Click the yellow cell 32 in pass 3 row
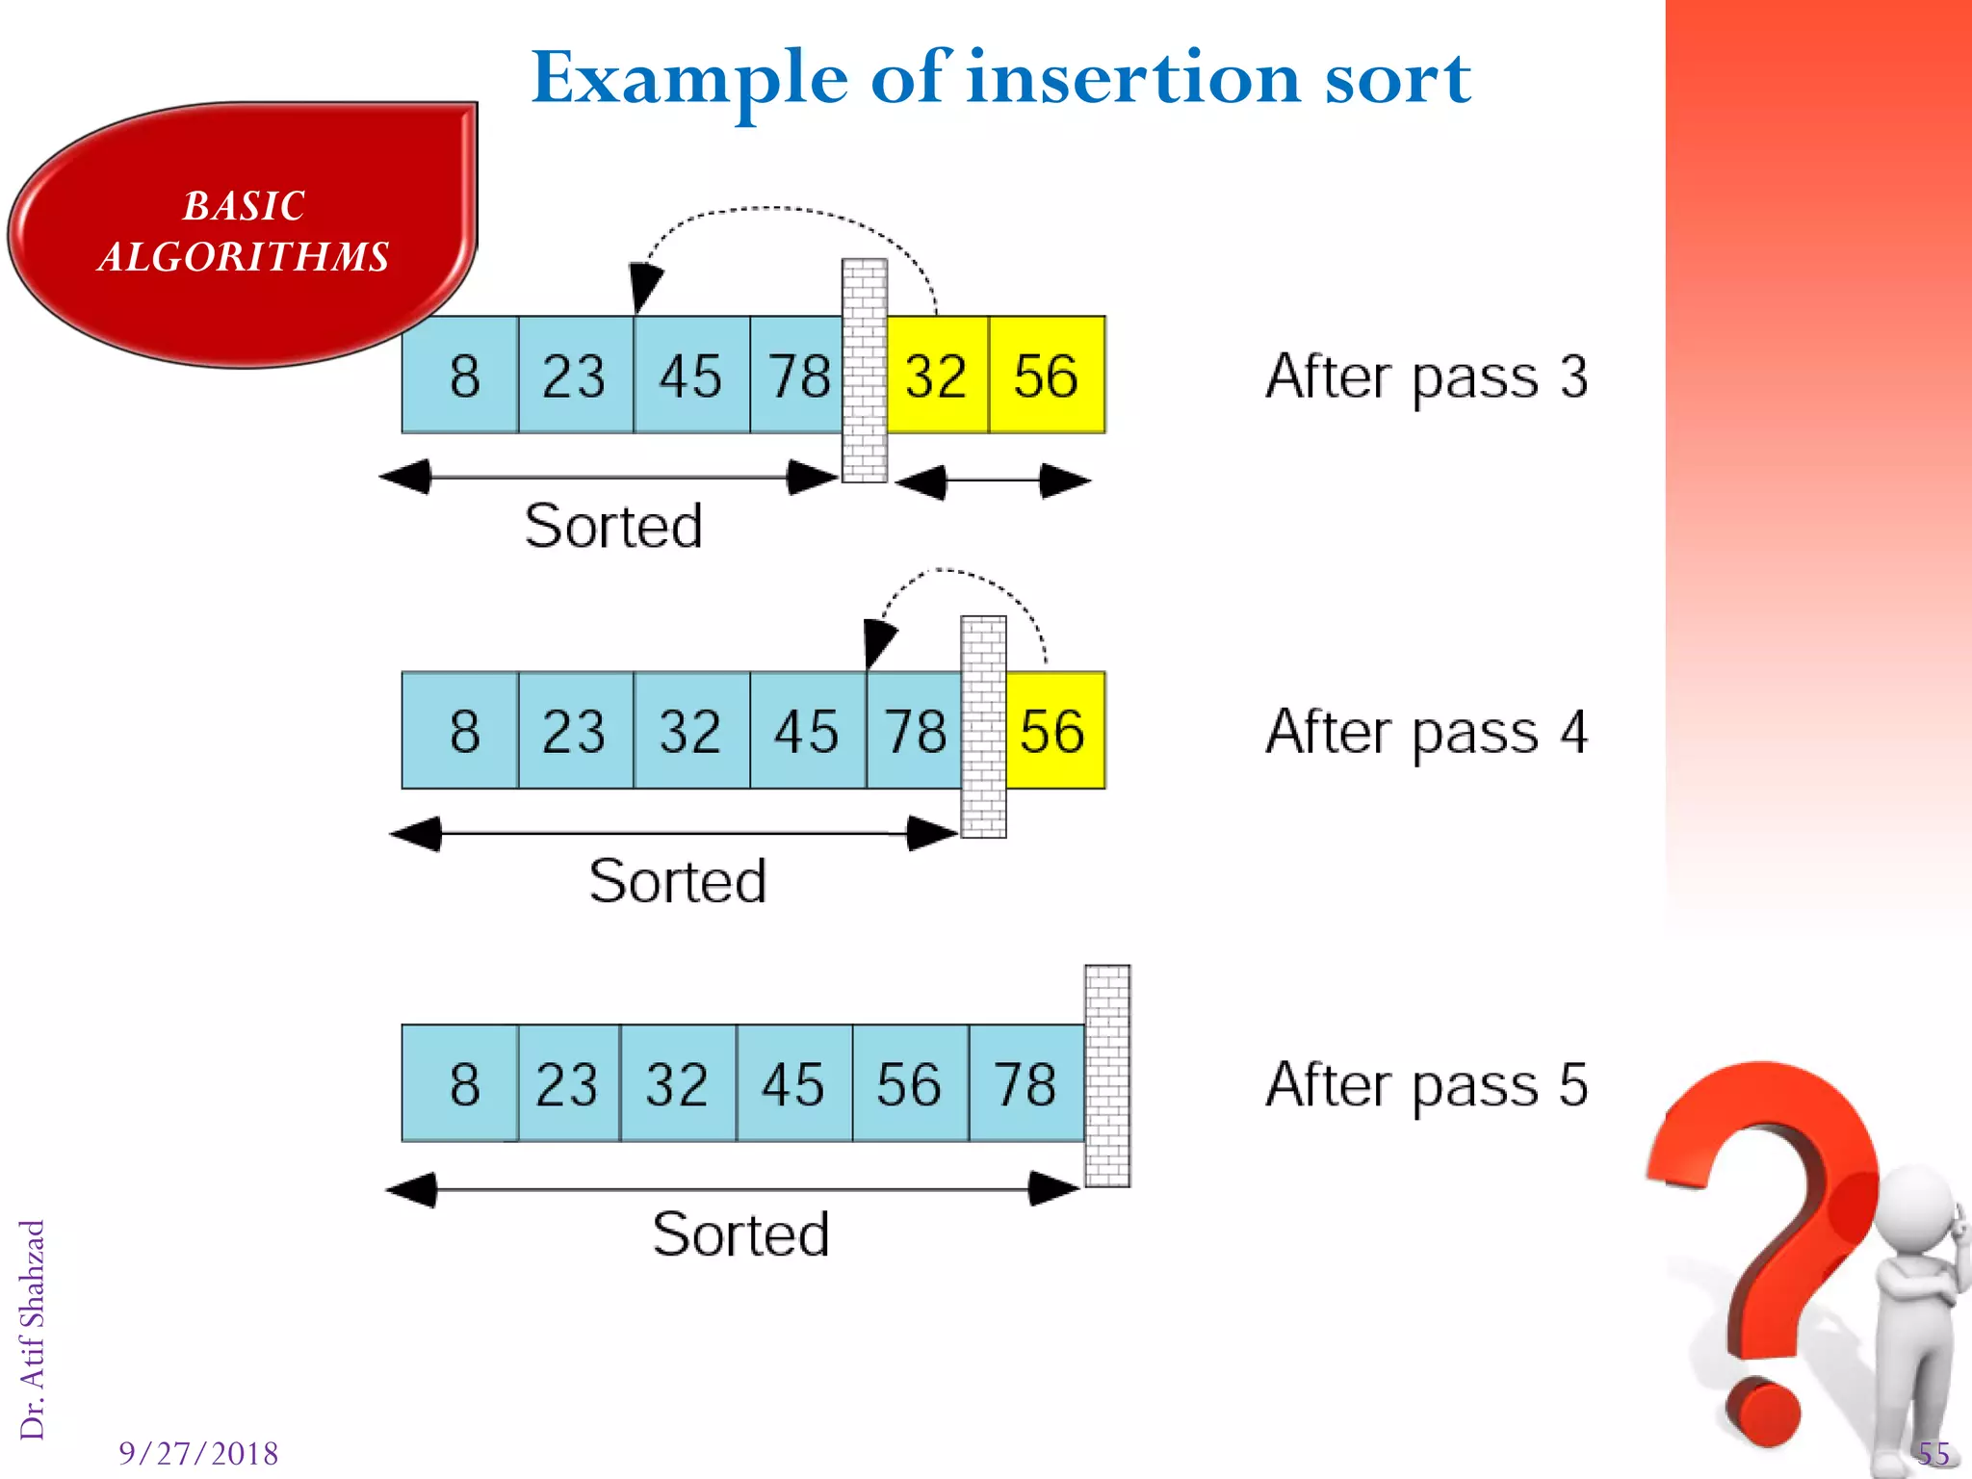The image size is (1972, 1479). tap(937, 376)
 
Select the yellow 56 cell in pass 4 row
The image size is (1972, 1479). tap(1054, 731)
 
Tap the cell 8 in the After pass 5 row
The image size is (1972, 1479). tap(462, 1084)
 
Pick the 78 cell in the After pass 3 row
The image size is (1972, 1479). tap(797, 376)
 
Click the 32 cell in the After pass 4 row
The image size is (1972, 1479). tap(690, 731)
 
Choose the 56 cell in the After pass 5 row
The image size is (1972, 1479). tap(909, 1084)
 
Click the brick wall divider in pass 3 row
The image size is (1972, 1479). tap(864, 371)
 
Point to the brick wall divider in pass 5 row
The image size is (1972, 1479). tap(1107, 1076)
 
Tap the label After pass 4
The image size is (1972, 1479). tap(1426, 733)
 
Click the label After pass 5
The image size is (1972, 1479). tap(1426, 1086)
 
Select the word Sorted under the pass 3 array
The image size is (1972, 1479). tap(613, 526)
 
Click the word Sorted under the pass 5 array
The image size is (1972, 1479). tap(740, 1234)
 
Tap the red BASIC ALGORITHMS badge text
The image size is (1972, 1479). tap(244, 232)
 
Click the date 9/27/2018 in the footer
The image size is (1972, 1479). tap(198, 1453)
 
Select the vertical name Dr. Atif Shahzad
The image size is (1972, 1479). tap(33, 1330)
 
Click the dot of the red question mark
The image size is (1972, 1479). tap(1762, 1413)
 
